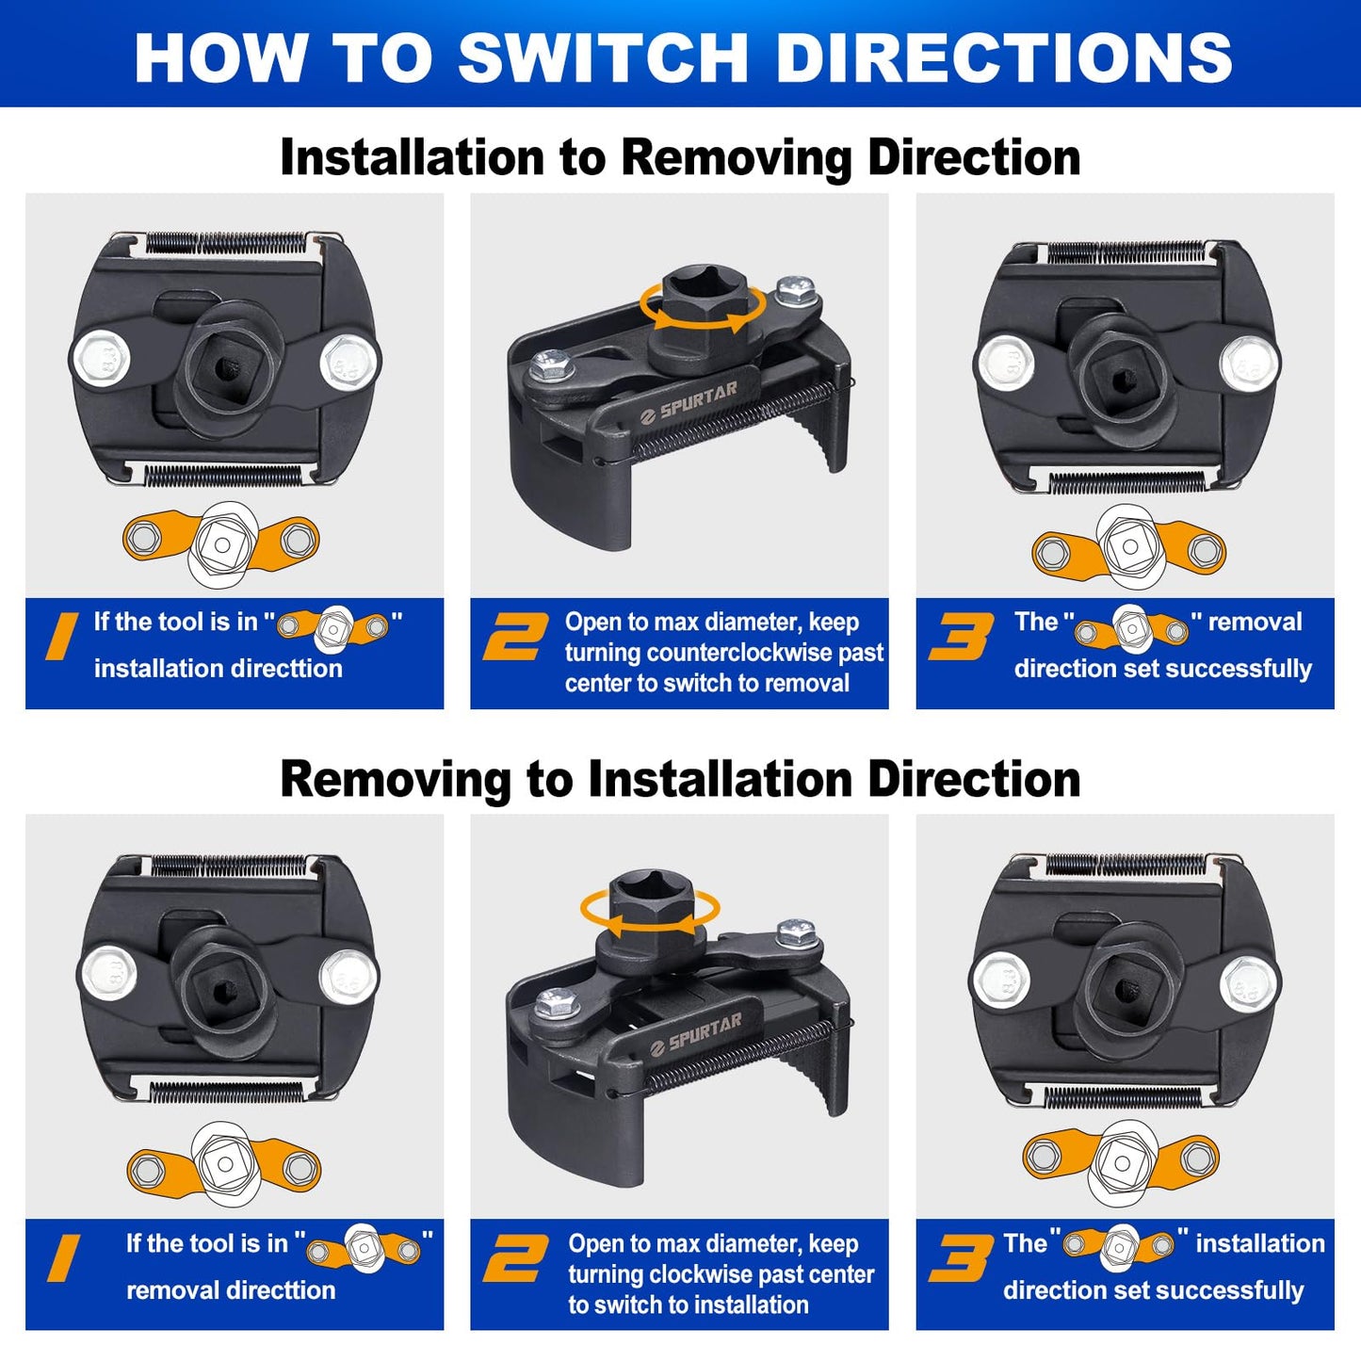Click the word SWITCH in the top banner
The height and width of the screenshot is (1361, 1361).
point(603,57)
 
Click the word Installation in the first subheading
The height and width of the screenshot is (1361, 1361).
point(413,156)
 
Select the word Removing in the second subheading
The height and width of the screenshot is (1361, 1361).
point(396,780)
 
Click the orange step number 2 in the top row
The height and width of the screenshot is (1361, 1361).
point(515,637)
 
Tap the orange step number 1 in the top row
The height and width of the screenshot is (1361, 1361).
point(62,637)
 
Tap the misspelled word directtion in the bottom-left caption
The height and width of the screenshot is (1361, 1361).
point(282,1290)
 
